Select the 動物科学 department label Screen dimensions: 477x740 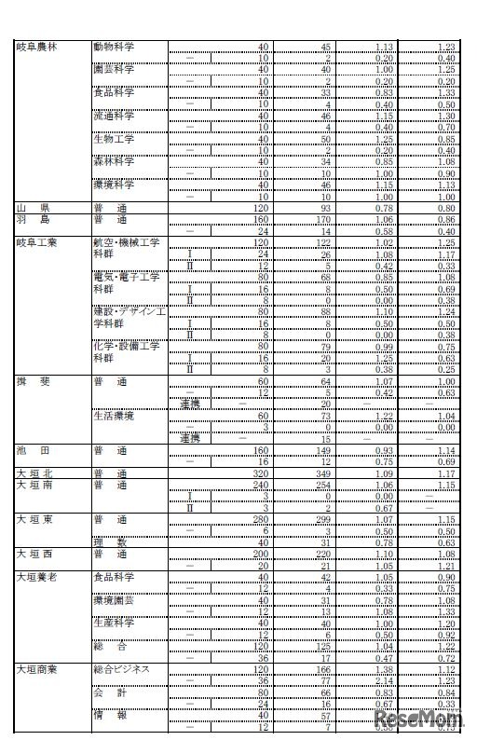click(114, 47)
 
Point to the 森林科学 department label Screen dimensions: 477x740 click(114, 160)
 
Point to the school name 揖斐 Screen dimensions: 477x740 click(30, 381)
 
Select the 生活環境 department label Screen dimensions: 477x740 click(114, 416)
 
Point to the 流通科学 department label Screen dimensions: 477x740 click(114, 116)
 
